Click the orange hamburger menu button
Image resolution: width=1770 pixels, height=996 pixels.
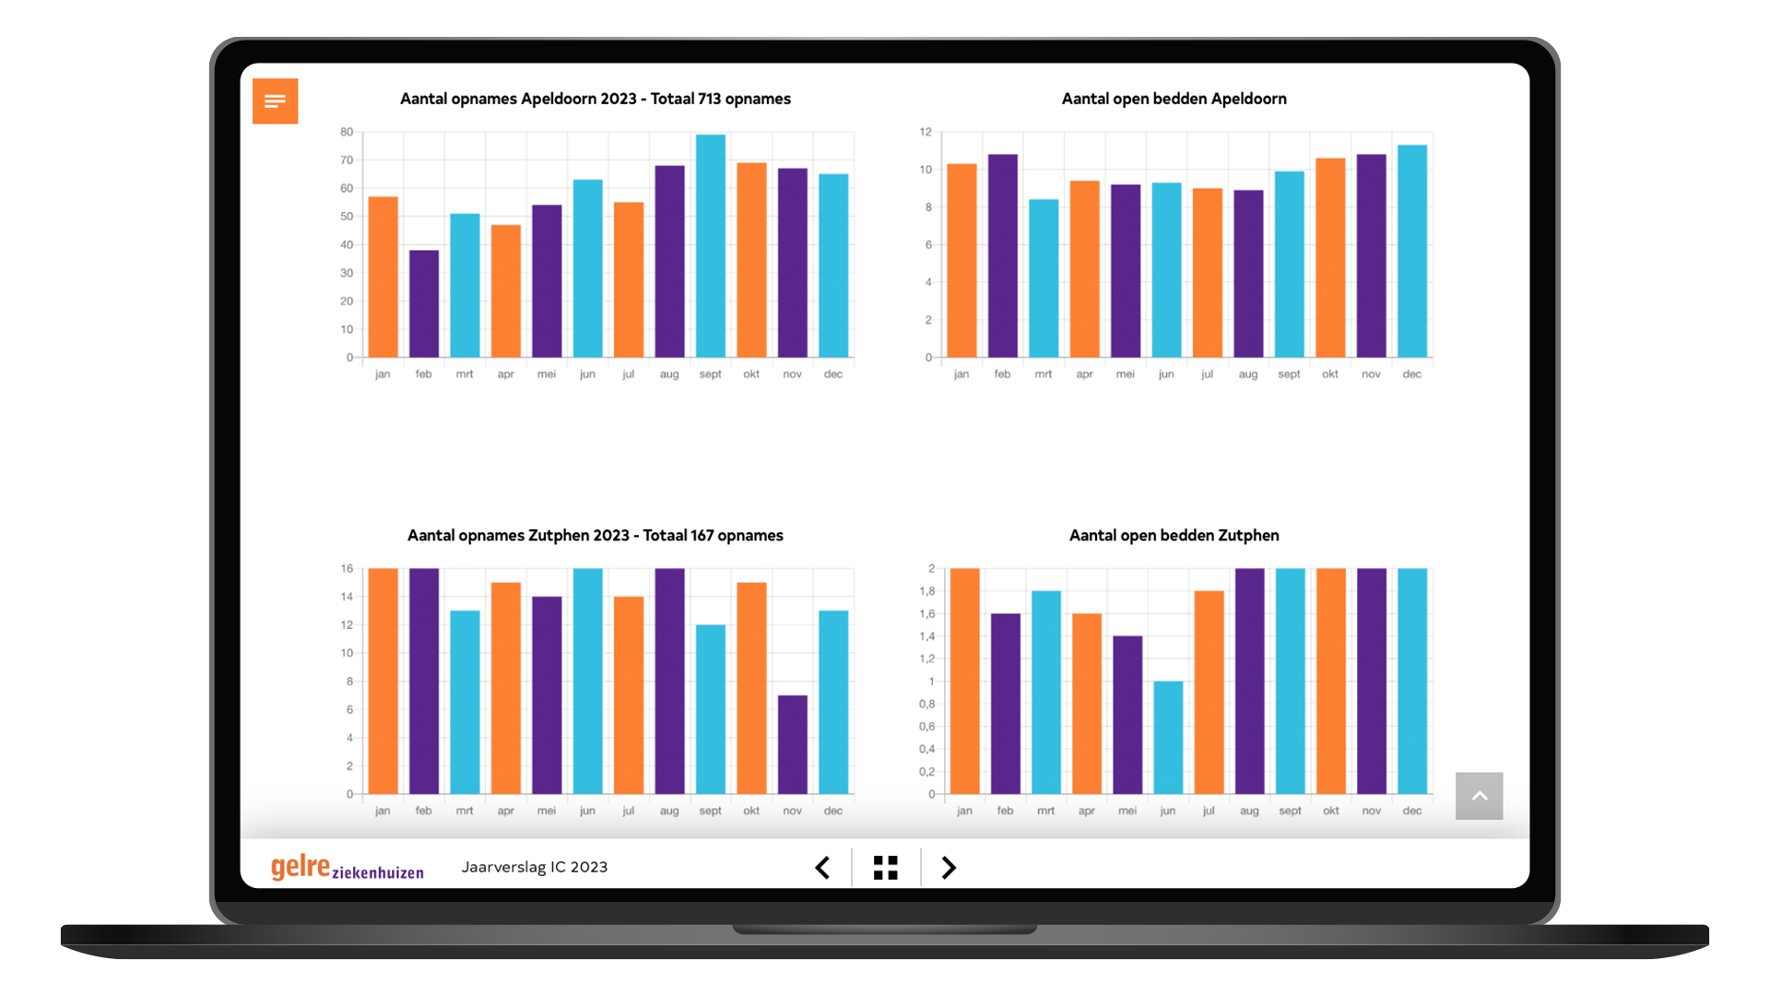[x=275, y=101]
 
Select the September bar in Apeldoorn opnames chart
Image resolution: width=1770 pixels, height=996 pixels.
[x=711, y=246]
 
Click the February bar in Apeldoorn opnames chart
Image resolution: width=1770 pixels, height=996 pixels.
[x=424, y=303]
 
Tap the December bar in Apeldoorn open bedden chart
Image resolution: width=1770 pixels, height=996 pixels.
[x=1412, y=251]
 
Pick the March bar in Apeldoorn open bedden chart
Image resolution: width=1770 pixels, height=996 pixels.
[x=1044, y=279]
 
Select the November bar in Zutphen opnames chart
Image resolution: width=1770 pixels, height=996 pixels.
[x=793, y=744]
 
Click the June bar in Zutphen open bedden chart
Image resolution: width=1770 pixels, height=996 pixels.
[x=1168, y=738]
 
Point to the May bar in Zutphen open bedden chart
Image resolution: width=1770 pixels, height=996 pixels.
[x=1127, y=715]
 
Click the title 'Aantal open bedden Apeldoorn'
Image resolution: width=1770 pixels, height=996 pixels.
[x=1174, y=99]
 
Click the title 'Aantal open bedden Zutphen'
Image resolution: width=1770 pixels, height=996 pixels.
[x=1174, y=536]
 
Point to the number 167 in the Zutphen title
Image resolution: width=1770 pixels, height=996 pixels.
[x=702, y=536]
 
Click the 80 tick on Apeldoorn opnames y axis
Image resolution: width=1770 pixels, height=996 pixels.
[x=347, y=132]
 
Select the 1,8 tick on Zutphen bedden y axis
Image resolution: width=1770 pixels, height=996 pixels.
[x=926, y=591]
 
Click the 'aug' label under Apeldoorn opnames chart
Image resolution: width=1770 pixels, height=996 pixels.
[x=669, y=374]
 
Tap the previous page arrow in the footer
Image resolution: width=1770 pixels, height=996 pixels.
[x=822, y=868]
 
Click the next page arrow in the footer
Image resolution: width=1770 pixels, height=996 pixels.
[x=949, y=868]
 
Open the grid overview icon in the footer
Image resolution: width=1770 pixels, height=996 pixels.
[x=885, y=868]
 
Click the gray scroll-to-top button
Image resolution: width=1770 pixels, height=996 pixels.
[x=1479, y=796]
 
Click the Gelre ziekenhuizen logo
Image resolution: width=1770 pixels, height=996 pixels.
[x=347, y=868]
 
